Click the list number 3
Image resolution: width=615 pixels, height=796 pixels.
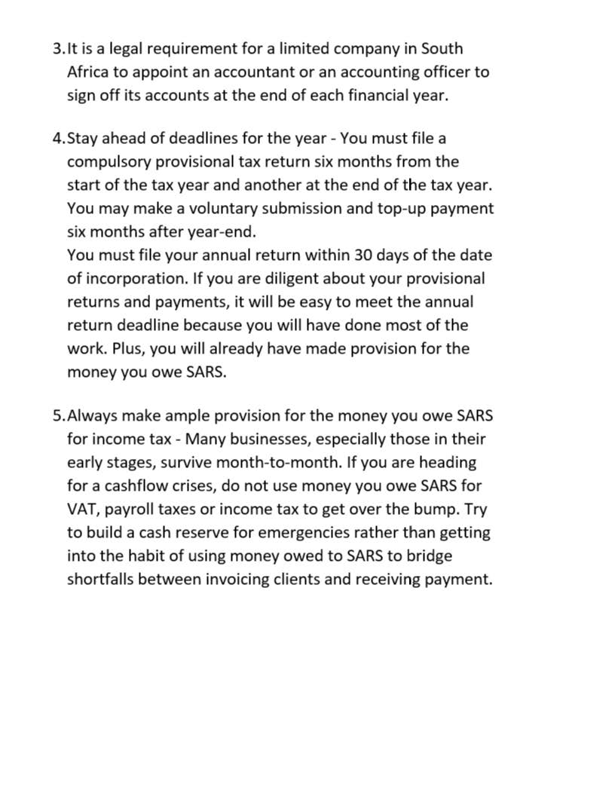(x=57, y=49)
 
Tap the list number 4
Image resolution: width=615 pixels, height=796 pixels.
(x=57, y=139)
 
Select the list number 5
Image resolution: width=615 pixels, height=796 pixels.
(x=57, y=416)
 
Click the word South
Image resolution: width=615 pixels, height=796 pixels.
(x=442, y=49)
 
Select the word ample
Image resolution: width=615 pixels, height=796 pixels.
(x=182, y=416)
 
